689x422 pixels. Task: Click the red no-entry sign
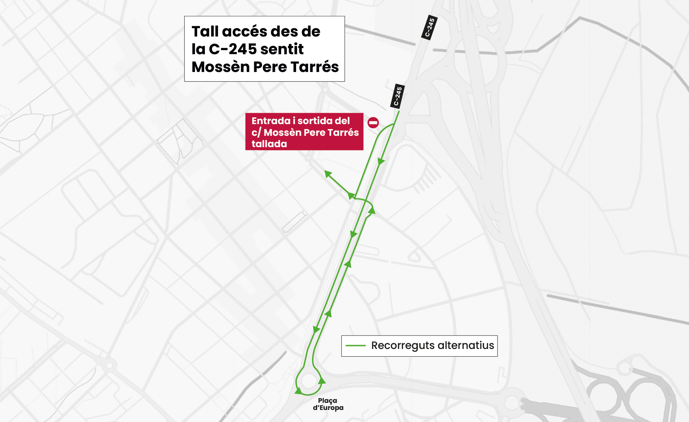point(373,123)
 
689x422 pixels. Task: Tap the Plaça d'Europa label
point(328,404)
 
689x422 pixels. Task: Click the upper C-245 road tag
point(429,27)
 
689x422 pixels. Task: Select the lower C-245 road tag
point(398,96)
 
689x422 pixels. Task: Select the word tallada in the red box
point(269,144)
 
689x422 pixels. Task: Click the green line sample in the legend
point(355,345)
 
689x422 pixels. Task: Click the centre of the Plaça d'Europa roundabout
point(309,381)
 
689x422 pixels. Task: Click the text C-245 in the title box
point(233,49)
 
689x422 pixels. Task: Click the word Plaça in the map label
point(327,401)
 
